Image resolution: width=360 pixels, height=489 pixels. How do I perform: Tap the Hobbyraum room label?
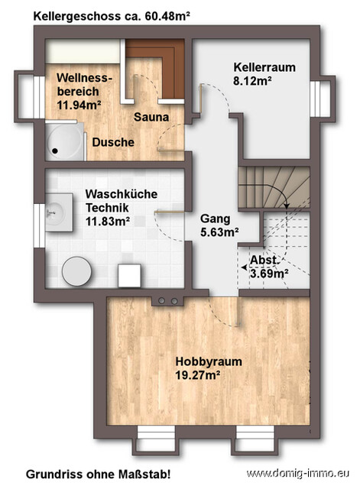(x=198, y=361)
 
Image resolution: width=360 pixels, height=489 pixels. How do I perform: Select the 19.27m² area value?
(x=198, y=375)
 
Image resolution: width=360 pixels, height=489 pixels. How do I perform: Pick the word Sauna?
(x=151, y=118)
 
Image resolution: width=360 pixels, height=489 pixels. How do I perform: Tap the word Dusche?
(x=113, y=143)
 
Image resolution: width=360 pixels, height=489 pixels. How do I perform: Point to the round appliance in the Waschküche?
(x=76, y=270)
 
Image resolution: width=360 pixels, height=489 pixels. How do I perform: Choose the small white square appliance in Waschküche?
(x=128, y=273)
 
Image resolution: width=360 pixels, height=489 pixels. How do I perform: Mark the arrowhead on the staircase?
(x=284, y=205)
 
